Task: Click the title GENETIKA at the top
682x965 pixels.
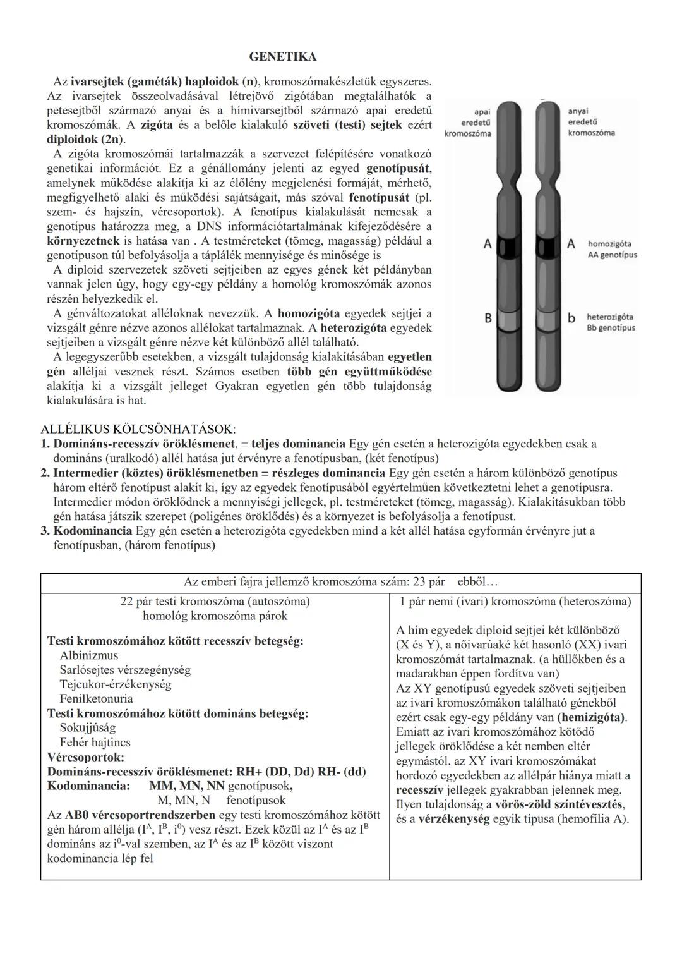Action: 283,57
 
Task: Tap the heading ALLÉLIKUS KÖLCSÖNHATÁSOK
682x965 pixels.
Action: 138,429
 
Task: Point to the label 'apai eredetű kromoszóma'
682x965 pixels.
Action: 468,122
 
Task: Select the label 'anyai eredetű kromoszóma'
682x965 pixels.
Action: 591,121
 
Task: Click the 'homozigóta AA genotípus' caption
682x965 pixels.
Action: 612,249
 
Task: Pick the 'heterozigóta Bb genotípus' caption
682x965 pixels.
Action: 611,322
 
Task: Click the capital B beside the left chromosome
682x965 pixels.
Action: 488,319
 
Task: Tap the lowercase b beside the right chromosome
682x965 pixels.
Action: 571,318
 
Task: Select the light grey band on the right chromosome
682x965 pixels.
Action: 547,322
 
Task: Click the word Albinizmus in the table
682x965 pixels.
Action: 88,655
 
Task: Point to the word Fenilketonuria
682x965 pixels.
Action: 96,699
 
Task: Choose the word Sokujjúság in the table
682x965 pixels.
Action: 88,728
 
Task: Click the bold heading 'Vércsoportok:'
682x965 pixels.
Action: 86,757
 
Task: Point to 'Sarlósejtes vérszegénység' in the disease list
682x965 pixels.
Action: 125,670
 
